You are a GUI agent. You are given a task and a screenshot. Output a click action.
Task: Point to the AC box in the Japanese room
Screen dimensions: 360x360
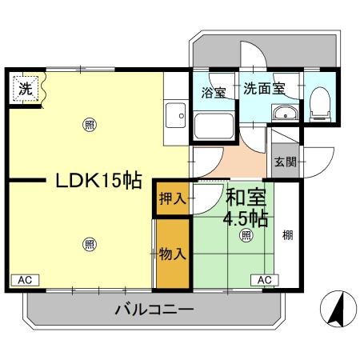click(265, 280)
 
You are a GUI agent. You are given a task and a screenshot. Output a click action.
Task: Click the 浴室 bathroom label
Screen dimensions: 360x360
click(213, 91)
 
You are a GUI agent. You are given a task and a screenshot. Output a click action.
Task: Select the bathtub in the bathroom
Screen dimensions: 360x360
click(214, 124)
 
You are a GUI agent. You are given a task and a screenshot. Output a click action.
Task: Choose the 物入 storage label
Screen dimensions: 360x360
click(173, 254)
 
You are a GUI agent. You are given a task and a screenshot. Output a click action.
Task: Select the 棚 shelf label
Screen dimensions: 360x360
click(287, 236)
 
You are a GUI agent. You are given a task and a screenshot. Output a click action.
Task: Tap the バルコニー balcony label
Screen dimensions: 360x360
click(152, 309)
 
